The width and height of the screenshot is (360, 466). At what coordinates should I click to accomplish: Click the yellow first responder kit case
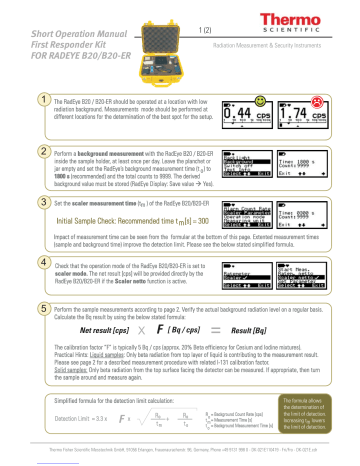click(x=152, y=45)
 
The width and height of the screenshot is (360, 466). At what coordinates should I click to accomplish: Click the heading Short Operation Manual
click(x=57, y=20)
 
